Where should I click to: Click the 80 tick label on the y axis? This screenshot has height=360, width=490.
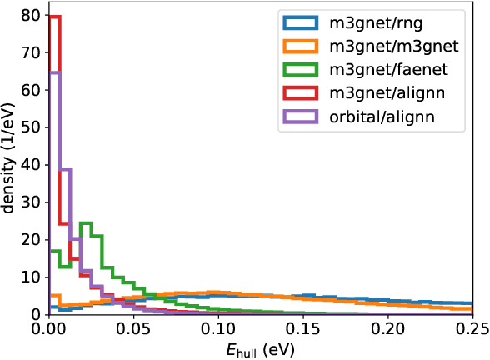(x=32, y=15)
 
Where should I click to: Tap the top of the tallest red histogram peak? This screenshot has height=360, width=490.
(x=55, y=17)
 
